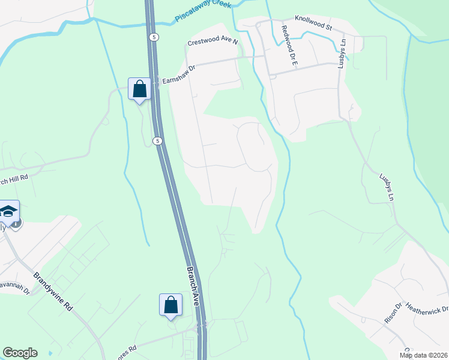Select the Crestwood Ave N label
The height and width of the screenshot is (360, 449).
212,43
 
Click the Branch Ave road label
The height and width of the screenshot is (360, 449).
192,287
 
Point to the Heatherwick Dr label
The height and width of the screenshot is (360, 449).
427,308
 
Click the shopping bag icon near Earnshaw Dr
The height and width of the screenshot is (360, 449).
139,89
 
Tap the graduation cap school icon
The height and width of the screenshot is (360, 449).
9,211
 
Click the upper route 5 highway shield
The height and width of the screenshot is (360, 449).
155,37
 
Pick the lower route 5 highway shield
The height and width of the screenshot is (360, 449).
157,141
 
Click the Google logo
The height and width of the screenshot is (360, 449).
20,353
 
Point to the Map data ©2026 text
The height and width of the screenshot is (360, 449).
423,355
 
